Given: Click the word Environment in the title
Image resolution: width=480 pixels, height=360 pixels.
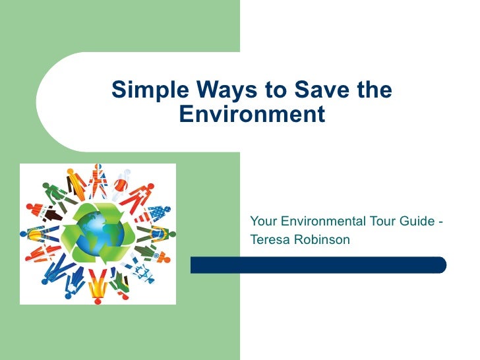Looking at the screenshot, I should point(252,115).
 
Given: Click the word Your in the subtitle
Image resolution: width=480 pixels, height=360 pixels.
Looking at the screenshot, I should point(263,221).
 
